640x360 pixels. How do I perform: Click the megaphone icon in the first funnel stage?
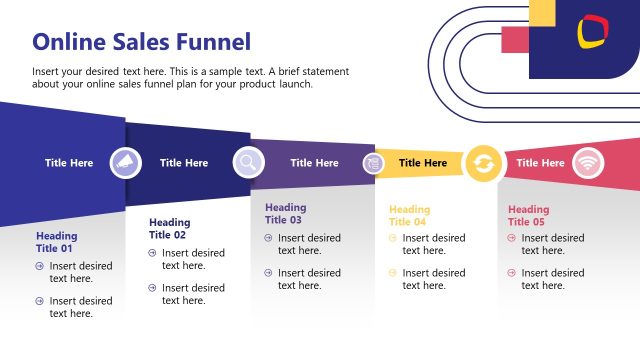pyautogui.click(x=126, y=162)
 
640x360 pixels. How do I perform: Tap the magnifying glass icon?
pyautogui.click(x=248, y=162)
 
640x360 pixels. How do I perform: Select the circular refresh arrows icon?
pyautogui.click(x=484, y=162)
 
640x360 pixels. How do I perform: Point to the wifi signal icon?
pyautogui.click(x=587, y=162)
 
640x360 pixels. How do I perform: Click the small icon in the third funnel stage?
pyautogui.click(x=373, y=162)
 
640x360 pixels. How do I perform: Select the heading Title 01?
pyautogui.click(x=56, y=242)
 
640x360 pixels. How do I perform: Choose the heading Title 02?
pyautogui.click(x=168, y=228)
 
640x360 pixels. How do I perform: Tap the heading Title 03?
pyautogui.click(x=285, y=214)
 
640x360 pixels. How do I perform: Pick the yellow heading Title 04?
pyautogui.click(x=409, y=215)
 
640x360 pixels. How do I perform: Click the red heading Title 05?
pyautogui.click(x=528, y=215)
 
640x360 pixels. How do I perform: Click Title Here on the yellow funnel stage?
pyautogui.click(x=423, y=162)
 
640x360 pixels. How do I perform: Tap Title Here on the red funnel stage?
pyautogui.click(x=540, y=162)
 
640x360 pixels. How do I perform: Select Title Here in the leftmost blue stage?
pyautogui.click(x=69, y=162)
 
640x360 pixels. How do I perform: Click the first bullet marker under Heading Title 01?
pyautogui.click(x=40, y=266)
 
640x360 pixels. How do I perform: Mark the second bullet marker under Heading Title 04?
pyautogui.click(x=393, y=273)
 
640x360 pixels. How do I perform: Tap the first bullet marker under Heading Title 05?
pyautogui.click(x=512, y=238)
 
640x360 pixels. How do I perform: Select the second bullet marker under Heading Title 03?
pyautogui.click(x=268, y=273)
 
